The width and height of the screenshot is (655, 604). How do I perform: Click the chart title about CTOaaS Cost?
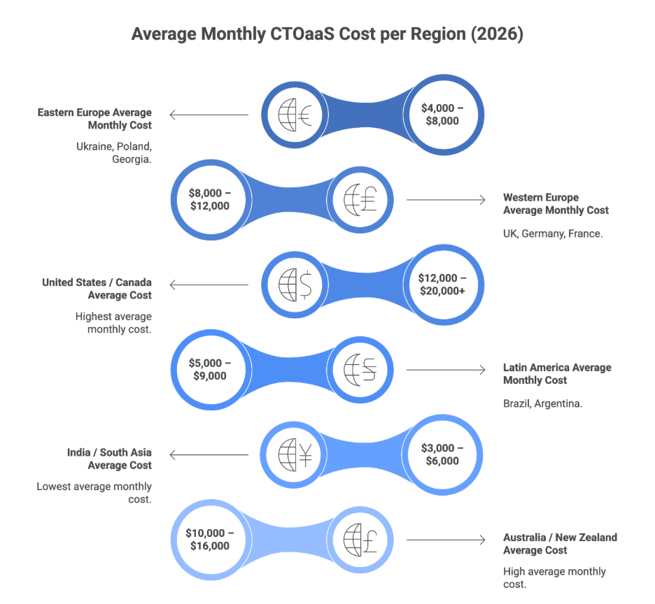[x=327, y=35]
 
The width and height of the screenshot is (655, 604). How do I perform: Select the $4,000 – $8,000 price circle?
[x=442, y=114]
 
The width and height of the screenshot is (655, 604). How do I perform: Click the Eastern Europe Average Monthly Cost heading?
[x=94, y=118]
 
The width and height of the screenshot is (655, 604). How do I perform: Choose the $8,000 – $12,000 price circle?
[x=209, y=199]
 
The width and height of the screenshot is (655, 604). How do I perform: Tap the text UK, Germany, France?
[x=553, y=234]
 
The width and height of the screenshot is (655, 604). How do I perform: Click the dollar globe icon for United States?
[x=295, y=285]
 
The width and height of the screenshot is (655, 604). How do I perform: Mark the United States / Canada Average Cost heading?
[x=97, y=289]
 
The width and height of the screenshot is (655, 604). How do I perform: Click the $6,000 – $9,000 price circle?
[x=209, y=369]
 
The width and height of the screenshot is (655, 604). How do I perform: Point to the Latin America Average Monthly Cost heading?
[x=557, y=374]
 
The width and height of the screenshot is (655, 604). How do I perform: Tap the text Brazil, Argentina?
[x=542, y=404]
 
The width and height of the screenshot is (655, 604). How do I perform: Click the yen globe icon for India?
[x=295, y=454]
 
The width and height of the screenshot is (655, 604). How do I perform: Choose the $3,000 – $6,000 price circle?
[x=442, y=454]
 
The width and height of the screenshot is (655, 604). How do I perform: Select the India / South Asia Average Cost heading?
[x=105, y=459]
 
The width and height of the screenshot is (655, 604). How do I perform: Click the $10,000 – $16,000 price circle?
[x=209, y=540]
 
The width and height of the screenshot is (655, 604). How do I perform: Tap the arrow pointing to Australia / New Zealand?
[x=446, y=540]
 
